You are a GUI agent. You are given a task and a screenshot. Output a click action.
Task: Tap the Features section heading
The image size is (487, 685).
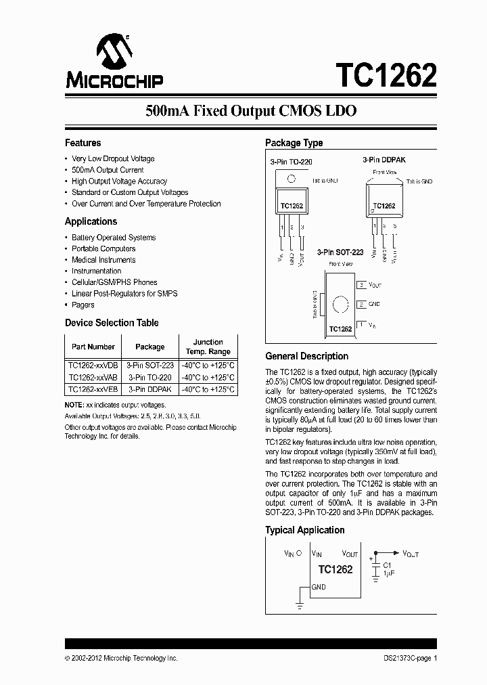click(x=83, y=143)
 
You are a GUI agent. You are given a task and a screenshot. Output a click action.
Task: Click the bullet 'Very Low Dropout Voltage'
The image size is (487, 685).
click(x=113, y=159)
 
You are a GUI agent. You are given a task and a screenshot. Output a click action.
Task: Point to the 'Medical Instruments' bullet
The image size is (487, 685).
click(x=103, y=260)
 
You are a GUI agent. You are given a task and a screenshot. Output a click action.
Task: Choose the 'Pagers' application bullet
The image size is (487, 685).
click(x=83, y=305)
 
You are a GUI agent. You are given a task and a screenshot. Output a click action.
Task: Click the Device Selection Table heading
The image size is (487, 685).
click(x=112, y=323)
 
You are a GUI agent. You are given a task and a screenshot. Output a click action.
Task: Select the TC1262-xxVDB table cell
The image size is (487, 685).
click(x=93, y=365)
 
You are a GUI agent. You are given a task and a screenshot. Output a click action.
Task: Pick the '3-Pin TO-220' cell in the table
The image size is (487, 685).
click(x=150, y=377)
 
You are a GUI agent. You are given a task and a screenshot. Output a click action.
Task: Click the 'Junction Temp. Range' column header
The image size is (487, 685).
click(x=208, y=347)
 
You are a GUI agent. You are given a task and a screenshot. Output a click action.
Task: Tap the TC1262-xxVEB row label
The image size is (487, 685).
click(x=93, y=389)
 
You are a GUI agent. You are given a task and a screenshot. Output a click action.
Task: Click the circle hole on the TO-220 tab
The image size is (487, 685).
click(x=291, y=179)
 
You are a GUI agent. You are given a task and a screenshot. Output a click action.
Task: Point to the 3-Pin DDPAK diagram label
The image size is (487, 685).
click(x=384, y=159)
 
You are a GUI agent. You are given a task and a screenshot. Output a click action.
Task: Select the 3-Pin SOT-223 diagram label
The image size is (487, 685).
click(x=340, y=252)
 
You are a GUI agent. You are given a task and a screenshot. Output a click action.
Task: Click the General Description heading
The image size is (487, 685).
click(x=306, y=356)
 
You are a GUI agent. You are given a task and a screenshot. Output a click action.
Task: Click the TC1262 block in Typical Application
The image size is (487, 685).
click(x=335, y=569)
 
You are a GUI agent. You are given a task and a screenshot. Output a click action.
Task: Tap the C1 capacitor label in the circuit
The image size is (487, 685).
click(x=388, y=565)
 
